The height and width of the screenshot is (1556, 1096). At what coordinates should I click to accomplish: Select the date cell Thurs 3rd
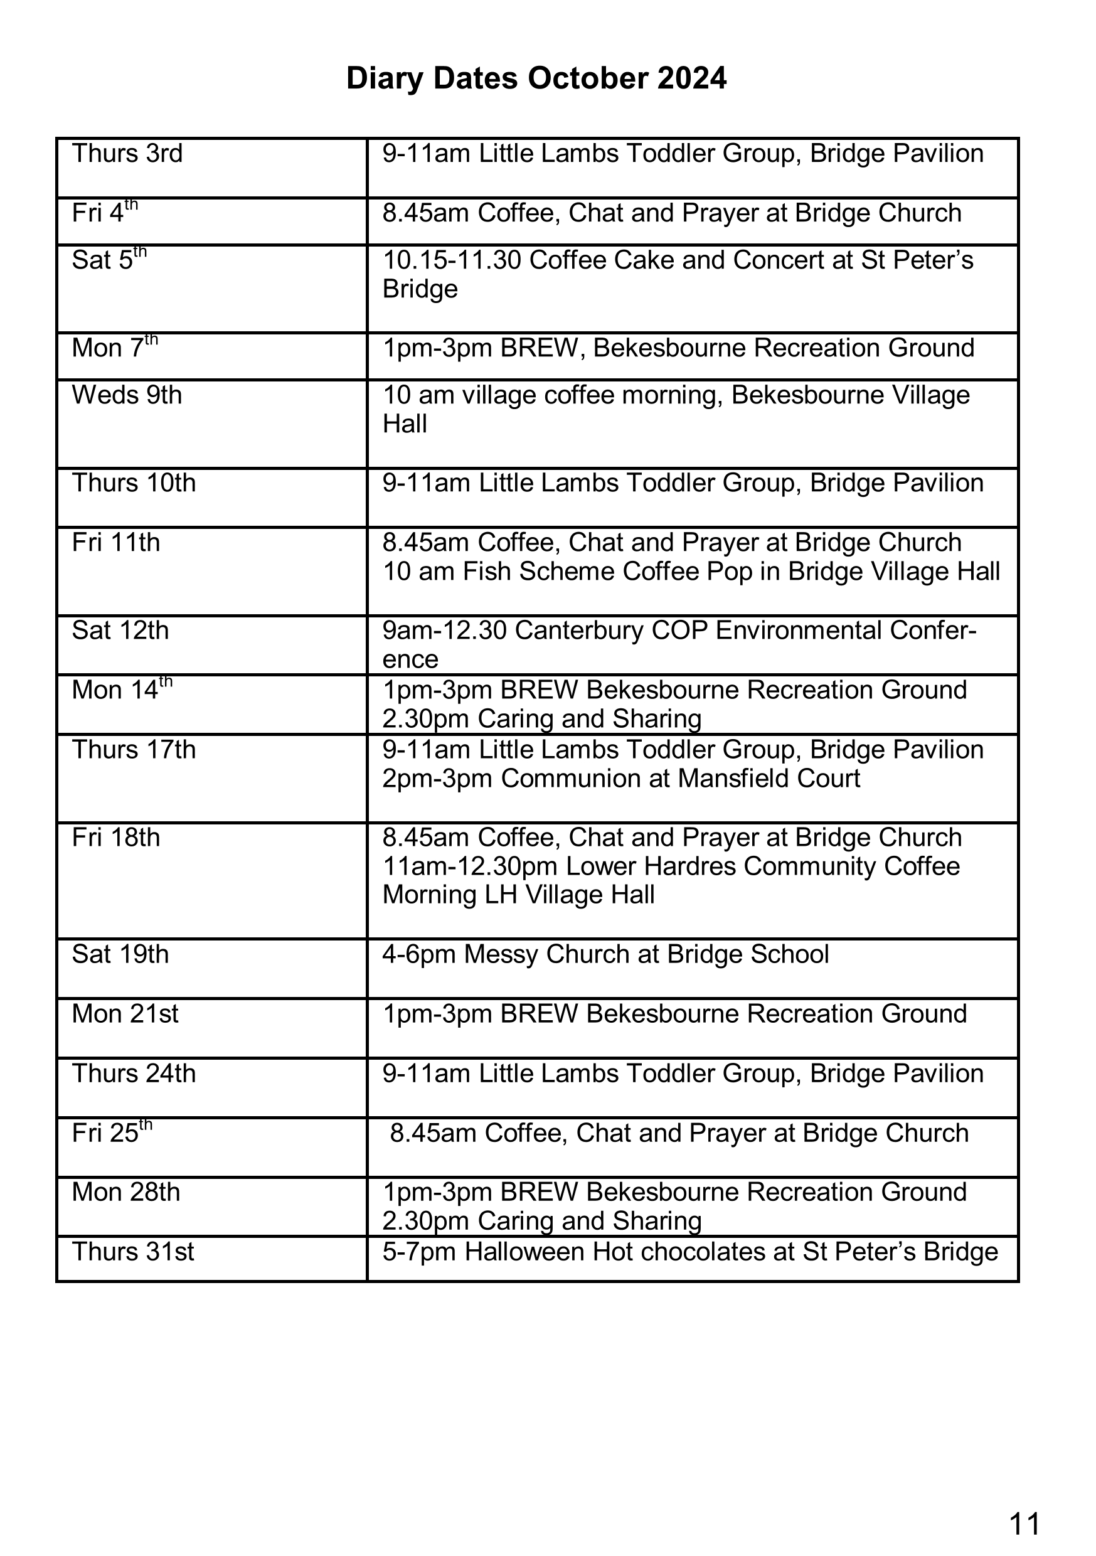click(127, 154)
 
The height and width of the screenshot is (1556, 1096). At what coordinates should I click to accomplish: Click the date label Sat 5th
click(109, 260)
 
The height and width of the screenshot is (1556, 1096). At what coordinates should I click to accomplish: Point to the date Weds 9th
click(127, 395)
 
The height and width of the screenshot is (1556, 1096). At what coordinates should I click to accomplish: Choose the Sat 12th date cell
click(120, 631)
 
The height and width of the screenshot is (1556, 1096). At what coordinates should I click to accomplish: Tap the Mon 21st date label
click(125, 1014)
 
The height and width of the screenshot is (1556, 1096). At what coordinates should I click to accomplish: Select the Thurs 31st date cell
click(133, 1252)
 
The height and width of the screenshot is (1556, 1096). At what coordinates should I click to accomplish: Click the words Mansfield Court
click(769, 779)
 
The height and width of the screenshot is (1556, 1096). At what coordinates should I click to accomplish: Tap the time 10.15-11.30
click(452, 260)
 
